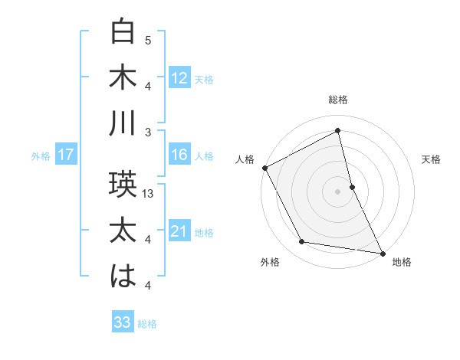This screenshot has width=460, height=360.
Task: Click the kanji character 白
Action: (x=123, y=33)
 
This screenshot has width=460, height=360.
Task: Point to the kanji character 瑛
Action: (x=123, y=185)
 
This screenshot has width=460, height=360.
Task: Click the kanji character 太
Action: (x=123, y=231)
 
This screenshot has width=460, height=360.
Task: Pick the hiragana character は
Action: (x=123, y=277)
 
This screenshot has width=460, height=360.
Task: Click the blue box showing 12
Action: (x=179, y=77)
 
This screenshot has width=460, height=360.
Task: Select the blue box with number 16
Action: (x=179, y=155)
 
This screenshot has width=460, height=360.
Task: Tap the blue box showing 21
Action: (x=179, y=231)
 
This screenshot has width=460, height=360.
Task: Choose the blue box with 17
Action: (x=65, y=155)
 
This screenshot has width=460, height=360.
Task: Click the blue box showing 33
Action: (x=122, y=322)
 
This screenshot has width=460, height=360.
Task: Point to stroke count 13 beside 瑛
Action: (x=149, y=194)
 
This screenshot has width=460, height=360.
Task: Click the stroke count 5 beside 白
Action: (x=148, y=40)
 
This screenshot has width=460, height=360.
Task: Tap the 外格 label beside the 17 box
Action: (x=41, y=155)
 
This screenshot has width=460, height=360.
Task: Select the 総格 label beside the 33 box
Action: (x=147, y=324)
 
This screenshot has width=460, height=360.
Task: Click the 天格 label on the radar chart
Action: (x=431, y=159)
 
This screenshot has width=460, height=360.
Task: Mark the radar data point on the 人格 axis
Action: (x=265, y=168)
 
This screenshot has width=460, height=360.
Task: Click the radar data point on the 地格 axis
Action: (x=382, y=252)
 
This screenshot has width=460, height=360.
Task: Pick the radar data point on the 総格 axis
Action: (x=337, y=132)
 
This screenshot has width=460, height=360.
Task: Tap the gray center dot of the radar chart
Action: (x=337, y=191)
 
